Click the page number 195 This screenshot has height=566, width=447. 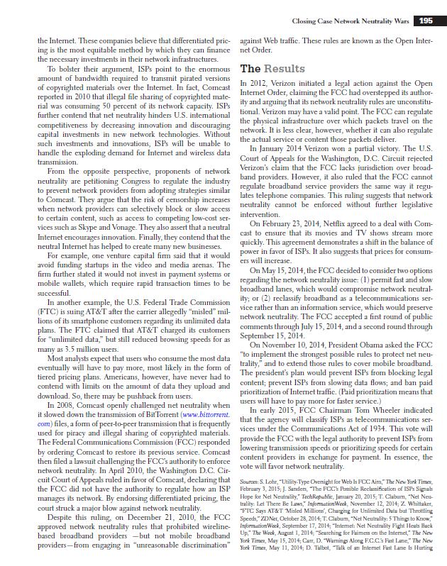pos(426,21)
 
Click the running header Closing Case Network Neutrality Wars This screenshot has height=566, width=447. pos(353,21)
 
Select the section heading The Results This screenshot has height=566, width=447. pos(266,70)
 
